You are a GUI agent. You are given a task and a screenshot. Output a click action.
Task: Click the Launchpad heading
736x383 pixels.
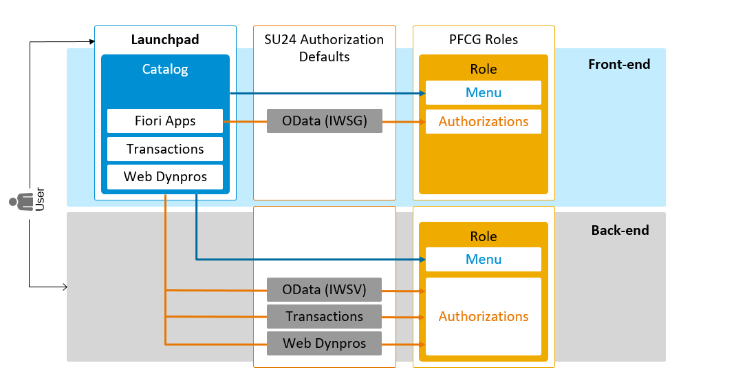pyautogui.click(x=165, y=40)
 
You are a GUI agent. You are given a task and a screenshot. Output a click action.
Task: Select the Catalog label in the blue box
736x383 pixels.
pyautogui.click(x=165, y=69)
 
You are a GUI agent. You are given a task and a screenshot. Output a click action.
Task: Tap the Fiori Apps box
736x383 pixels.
pyautogui.click(x=165, y=121)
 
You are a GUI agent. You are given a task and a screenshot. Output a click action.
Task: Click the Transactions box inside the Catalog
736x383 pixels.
pyautogui.click(x=165, y=149)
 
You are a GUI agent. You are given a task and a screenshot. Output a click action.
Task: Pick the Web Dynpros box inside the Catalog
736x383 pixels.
pyautogui.click(x=165, y=177)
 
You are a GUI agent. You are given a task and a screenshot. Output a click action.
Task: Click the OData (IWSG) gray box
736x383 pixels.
pyautogui.click(x=324, y=121)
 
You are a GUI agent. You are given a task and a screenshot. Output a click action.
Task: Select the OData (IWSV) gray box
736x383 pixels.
pyautogui.click(x=324, y=289)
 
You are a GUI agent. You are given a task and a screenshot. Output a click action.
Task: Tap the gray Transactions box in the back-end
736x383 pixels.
pyautogui.click(x=324, y=317)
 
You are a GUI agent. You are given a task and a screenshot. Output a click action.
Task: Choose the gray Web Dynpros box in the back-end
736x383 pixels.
pyautogui.click(x=324, y=343)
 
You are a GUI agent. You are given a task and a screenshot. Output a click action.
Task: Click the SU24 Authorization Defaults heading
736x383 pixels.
pyautogui.click(x=324, y=48)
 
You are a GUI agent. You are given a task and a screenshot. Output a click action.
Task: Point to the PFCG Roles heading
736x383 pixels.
pyautogui.click(x=483, y=39)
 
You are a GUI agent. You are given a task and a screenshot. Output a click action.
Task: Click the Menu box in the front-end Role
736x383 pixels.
pyautogui.click(x=483, y=93)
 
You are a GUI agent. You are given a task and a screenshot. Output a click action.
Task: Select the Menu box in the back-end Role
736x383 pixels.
pyautogui.click(x=483, y=260)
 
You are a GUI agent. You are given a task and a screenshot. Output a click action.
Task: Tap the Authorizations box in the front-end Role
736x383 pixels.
pyautogui.click(x=483, y=122)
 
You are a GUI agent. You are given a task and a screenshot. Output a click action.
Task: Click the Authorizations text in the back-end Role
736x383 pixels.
pyautogui.click(x=483, y=317)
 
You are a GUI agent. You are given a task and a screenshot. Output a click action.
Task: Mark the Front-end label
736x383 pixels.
pyautogui.click(x=618, y=65)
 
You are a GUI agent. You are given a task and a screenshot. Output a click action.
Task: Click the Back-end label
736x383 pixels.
pyautogui.click(x=620, y=230)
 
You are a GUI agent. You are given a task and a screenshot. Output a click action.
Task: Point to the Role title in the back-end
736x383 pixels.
pyautogui.click(x=483, y=236)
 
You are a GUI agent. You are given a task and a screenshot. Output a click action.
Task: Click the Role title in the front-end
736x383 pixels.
pyautogui.click(x=483, y=69)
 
